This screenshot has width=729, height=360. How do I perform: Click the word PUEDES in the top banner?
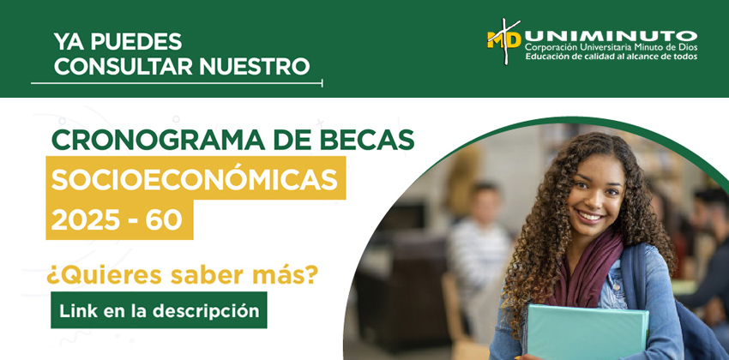[x=136, y=42]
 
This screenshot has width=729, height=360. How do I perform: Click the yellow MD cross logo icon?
[x=504, y=41]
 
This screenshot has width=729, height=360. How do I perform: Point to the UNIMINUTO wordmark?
[x=611, y=37]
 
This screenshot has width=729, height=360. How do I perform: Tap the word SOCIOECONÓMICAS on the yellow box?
[x=195, y=180]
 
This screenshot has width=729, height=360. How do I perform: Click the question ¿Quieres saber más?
[x=182, y=275]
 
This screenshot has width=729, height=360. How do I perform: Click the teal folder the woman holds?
[x=588, y=332]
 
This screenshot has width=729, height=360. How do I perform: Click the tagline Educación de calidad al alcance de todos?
[x=612, y=57]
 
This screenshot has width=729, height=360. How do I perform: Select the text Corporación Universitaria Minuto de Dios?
[x=612, y=48]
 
